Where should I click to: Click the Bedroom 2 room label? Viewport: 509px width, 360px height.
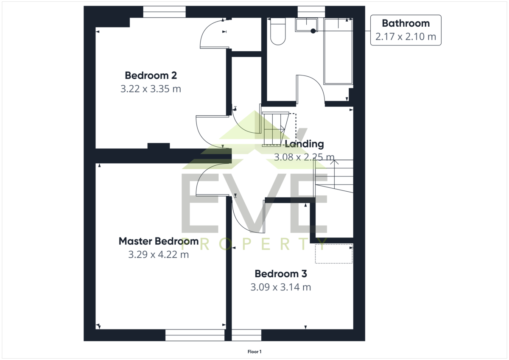point(151,75)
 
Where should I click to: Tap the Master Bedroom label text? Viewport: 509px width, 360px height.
point(159,241)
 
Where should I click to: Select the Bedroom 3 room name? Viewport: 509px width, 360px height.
point(281,273)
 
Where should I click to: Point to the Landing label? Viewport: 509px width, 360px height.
point(304,144)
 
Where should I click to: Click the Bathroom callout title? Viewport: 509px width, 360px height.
point(406,23)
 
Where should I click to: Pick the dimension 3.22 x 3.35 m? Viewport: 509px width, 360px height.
point(151,89)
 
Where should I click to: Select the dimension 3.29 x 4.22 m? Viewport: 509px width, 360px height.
point(159,254)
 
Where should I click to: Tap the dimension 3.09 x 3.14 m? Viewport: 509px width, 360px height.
point(281,287)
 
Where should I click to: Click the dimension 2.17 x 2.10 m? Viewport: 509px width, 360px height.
point(406,36)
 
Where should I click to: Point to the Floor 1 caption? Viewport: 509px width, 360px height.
point(255,352)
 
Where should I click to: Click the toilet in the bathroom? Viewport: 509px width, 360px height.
point(278,31)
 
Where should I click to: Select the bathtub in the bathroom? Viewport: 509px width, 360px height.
point(338,52)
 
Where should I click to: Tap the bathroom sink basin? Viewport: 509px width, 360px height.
point(306,25)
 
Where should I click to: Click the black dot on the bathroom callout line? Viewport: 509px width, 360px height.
point(313,31)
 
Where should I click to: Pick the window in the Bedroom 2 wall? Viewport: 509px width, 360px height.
point(164,12)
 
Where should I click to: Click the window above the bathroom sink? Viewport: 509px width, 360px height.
point(311,12)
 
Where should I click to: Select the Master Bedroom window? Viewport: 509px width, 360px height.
point(195,335)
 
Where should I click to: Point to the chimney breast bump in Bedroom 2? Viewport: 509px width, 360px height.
point(159,146)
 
